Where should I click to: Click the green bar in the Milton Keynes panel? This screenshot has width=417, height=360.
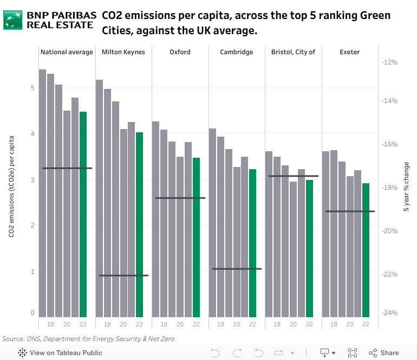click(139, 224)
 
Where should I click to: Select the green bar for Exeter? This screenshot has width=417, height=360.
click(366, 250)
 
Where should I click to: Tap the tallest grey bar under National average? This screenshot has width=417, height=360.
click(42, 193)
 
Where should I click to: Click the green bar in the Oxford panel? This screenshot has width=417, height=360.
click(196, 237)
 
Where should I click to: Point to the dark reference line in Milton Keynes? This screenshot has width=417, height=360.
click(123, 275)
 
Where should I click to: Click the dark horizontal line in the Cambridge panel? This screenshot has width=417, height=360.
click(237, 268)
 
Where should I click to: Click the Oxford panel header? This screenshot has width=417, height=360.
click(180, 52)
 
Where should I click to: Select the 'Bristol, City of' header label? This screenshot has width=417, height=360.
click(293, 52)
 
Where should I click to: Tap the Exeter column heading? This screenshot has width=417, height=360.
click(349, 52)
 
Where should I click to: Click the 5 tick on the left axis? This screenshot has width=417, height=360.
click(33, 88)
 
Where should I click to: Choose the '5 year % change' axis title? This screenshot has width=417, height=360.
click(407, 186)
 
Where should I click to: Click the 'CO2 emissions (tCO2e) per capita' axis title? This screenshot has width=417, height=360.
click(11, 186)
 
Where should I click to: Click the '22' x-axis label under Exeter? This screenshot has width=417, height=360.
click(366, 324)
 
